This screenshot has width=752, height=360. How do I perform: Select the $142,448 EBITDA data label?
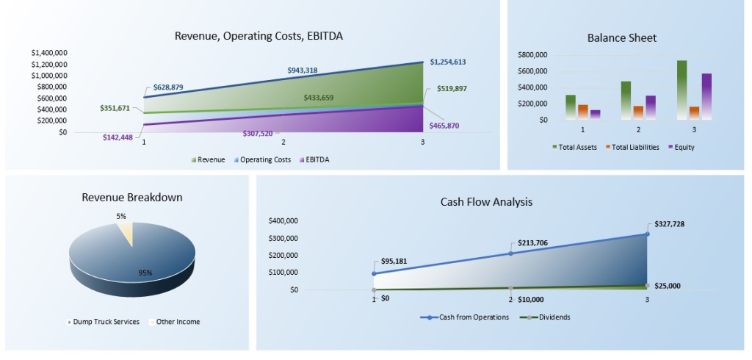click(x=117, y=137)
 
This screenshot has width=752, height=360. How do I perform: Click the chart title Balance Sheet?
click(x=621, y=38)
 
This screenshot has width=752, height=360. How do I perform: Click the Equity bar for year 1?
click(x=595, y=114)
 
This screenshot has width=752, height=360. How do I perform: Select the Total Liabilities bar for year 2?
click(x=638, y=112)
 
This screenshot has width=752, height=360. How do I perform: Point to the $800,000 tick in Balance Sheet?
click(x=532, y=55)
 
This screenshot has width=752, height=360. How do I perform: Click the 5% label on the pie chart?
click(x=121, y=216)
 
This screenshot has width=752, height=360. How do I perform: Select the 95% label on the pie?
click(x=145, y=273)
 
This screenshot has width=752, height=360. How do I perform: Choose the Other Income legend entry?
click(x=177, y=322)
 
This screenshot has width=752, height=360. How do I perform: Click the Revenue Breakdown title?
click(x=132, y=198)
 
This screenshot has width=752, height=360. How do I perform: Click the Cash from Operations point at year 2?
click(x=510, y=253)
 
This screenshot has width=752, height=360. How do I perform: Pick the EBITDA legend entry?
click(x=317, y=159)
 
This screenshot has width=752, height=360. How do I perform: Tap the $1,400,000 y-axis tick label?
click(x=50, y=53)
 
